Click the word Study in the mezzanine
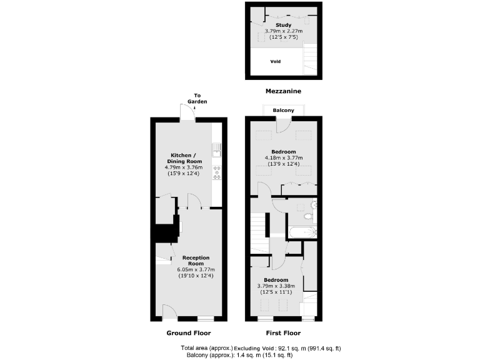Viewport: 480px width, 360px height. coord(283,25)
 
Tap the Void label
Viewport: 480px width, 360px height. coord(275,62)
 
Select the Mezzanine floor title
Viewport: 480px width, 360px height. coord(283,91)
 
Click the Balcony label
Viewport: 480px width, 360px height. coord(283,111)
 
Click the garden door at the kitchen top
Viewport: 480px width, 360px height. coord(187,114)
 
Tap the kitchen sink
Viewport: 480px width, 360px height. coord(217,149)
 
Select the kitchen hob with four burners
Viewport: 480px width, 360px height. coord(217,172)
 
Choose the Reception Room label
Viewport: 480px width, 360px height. coord(196,261)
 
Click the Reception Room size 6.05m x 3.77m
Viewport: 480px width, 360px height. coord(196,270)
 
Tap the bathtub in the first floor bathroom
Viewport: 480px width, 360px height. coord(302,233)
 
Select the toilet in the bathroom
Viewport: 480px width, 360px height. coord(307,216)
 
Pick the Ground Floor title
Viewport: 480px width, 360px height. coord(188,333)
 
